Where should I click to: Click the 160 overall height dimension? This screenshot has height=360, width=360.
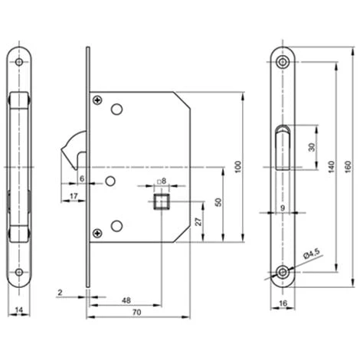(349, 167)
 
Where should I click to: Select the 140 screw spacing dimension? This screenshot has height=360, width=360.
(331, 167)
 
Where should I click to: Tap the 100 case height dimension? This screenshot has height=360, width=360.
(237, 167)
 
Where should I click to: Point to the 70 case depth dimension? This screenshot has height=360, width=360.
(137, 312)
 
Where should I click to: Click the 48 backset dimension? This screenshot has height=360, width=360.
(126, 300)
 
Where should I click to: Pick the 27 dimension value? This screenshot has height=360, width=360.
(198, 221)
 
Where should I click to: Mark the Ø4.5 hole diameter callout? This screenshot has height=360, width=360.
(312, 254)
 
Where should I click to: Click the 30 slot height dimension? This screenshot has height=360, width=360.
(312, 147)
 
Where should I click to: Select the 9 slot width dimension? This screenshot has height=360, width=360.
(283, 208)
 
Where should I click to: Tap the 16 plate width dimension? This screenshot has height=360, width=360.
(283, 303)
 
